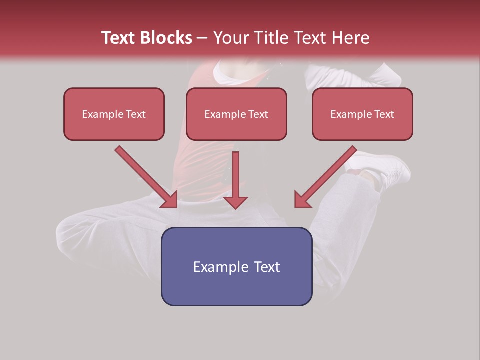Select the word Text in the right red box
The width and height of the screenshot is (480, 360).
click(x=384, y=114)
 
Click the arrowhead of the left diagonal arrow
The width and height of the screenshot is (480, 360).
click(x=170, y=200)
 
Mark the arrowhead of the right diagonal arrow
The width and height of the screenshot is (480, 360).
click(x=302, y=200)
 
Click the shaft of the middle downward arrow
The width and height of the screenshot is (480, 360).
click(x=235, y=172)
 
